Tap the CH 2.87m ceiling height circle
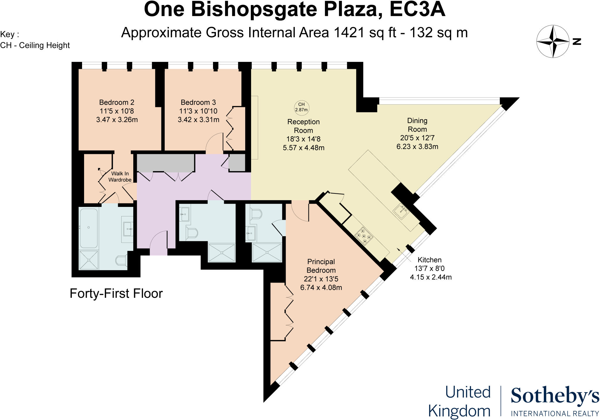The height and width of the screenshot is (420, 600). point(301,107)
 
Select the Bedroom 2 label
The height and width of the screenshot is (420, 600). point(117,102)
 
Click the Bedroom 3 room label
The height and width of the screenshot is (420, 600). point(198,102)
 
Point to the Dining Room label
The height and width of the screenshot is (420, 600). point(417,125)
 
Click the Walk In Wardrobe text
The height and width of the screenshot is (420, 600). point(120,177)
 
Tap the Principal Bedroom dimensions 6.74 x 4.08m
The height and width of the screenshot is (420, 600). point(321,288)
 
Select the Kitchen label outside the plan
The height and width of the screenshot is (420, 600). point(429,260)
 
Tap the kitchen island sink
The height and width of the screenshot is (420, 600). point(401,212)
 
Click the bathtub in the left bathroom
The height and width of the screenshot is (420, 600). point(88,228)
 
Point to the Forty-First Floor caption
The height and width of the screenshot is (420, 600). point(116,293)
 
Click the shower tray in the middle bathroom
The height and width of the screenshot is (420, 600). point(221,252)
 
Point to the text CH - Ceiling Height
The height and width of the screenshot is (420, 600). point(35,45)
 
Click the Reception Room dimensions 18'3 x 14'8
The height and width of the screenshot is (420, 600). point(304,139)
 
